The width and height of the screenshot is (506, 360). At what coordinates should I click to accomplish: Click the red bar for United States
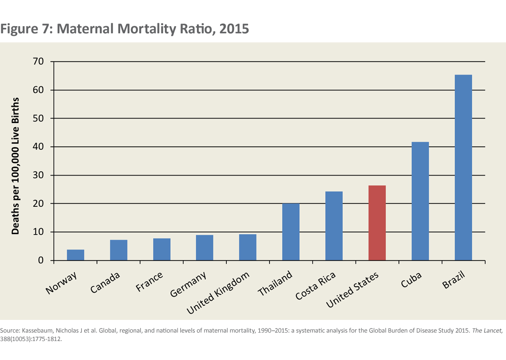[x=377, y=223]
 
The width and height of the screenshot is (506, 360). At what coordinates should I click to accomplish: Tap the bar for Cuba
[x=420, y=201]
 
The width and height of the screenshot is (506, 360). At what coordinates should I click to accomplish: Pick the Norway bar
[x=75, y=255]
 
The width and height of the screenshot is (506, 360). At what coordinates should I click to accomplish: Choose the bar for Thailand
[x=291, y=232]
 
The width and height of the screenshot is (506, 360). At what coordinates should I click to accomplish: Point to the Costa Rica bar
[x=334, y=226]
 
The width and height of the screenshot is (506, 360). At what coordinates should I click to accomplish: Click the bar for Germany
[x=205, y=248]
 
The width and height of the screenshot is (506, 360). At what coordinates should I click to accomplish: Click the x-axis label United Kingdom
[x=218, y=292]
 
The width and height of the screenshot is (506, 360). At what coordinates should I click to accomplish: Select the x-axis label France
[x=150, y=282]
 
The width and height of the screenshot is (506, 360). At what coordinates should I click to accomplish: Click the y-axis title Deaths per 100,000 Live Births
[x=16, y=166]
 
